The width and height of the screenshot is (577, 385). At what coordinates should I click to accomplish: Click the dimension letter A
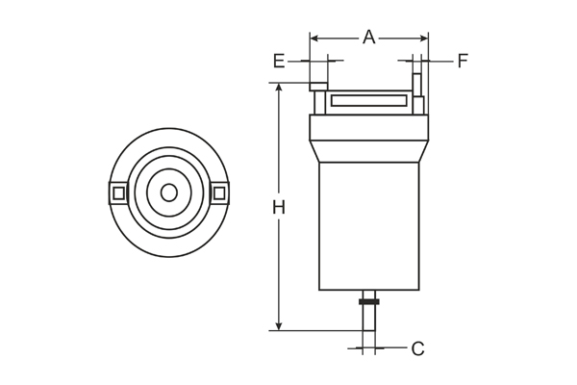(368, 37)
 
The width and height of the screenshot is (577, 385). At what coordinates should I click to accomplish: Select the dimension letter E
(279, 62)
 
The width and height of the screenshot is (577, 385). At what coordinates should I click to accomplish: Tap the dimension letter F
(463, 62)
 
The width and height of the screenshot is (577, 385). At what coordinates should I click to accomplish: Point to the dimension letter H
(278, 207)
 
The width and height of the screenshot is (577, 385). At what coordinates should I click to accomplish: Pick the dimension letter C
(417, 348)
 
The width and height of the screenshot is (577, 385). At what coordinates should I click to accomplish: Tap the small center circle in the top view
(169, 192)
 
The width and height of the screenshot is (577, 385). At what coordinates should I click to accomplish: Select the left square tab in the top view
(118, 193)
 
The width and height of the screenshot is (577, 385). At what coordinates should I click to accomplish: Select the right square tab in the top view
(219, 193)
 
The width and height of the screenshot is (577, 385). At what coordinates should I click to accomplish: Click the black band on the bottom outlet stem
(368, 302)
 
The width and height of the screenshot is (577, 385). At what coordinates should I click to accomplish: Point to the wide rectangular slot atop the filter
(368, 100)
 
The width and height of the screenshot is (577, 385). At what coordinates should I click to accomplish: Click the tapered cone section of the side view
(368, 151)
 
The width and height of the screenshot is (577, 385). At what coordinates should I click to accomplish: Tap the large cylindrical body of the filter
(368, 226)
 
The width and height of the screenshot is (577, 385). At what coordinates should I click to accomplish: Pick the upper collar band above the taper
(368, 127)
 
